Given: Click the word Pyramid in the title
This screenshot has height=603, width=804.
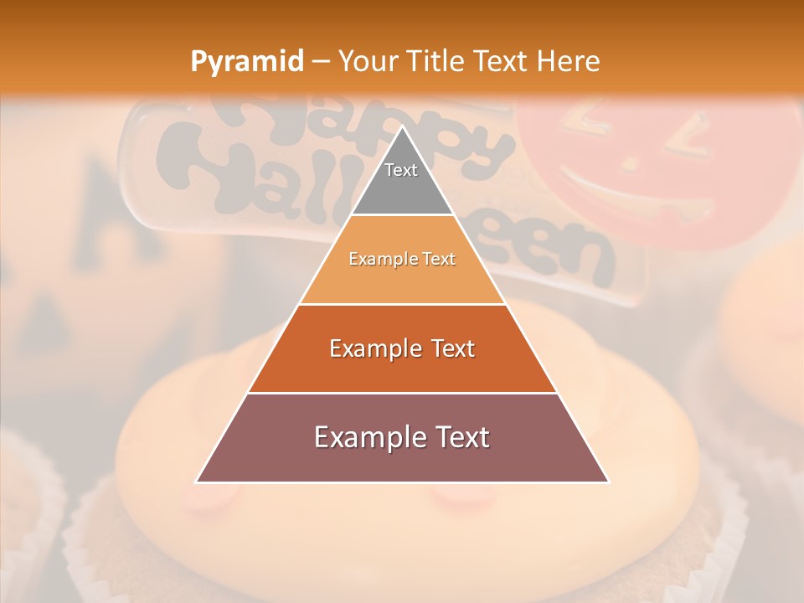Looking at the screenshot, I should tap(246, 62).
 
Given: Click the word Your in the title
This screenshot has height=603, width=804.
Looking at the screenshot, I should tap(366, 62).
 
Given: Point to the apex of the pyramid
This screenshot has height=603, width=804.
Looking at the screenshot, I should tap(402, 128).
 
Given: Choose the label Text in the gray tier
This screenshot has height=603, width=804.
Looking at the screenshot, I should tap(401, 170).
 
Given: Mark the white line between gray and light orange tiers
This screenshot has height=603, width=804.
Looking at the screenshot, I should tap(402, 215).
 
